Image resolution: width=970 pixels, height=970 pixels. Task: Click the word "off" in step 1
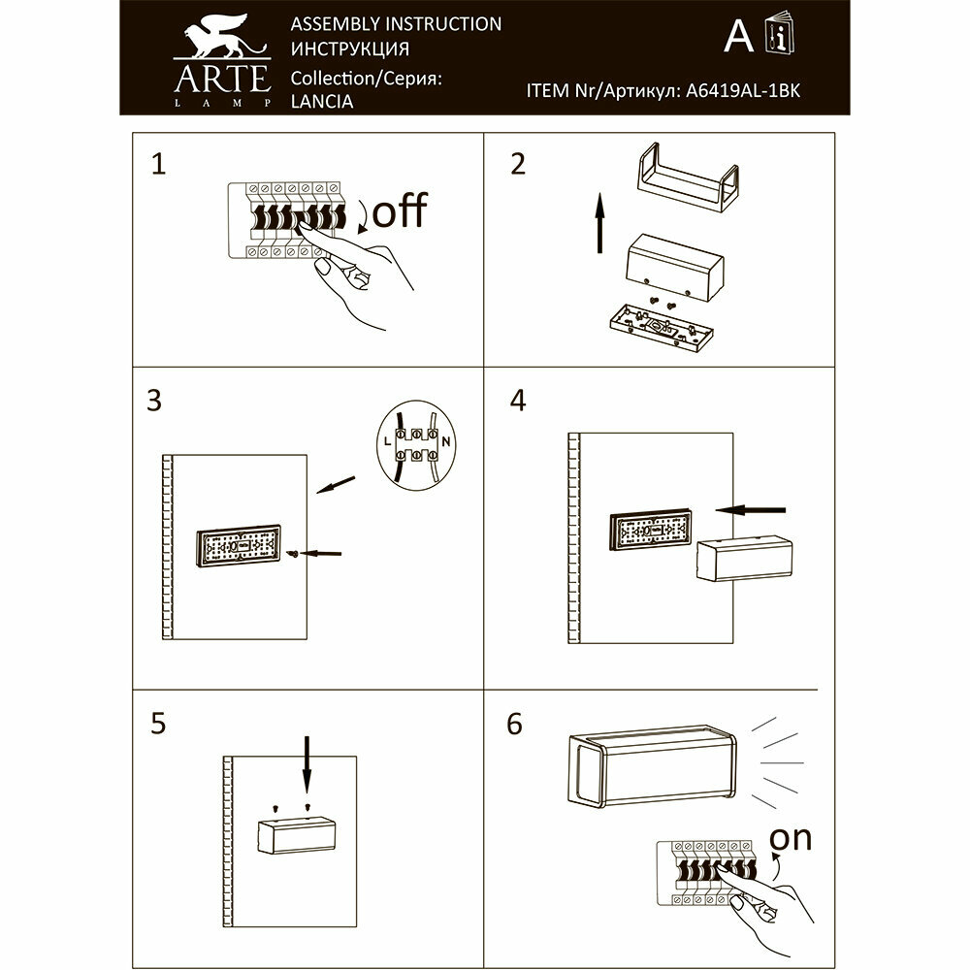tap(399, 211)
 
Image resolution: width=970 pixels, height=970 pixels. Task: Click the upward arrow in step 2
tap(598, 222)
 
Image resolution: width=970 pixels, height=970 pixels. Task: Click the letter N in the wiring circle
tap(446, 442)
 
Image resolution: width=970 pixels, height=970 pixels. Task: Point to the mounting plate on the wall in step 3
tap(238, 548)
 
